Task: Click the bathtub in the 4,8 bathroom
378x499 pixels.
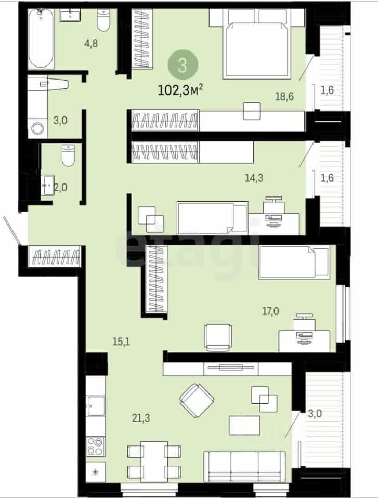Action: pyautogui.click(x=41, y=38)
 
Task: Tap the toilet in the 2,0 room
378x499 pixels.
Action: pyautogui.click(x=68, y=155)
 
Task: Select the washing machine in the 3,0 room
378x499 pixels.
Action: pyautogui.click(x=37, y=128)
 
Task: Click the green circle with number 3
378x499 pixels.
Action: pyautogui.click(x=183, y=65)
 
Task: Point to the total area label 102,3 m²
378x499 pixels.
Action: pyautogui.click(x=180, y=90)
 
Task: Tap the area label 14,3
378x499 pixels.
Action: pyautogui.click(x=254, y=178)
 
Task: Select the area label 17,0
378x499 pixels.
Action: pyautogui.click(x=270, y=311)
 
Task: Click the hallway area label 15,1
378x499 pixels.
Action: pyautogui.click(x=121, y=342)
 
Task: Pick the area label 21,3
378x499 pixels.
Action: pyautogui.click(x=141, y=418)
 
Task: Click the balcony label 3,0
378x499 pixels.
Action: pyautogui.click(x=315, y=414)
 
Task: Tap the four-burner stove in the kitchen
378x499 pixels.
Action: pyautogui.click(x=96, y=447)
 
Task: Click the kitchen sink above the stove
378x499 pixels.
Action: pyautogui.click(x=96, y=406)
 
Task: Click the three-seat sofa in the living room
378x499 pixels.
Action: pyautogui.click(x=244, y=467)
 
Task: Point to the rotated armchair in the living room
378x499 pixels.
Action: pyautogui.click(x=197, y=400)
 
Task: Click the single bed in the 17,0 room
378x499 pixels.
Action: pyautogui.click(x=294, y=262)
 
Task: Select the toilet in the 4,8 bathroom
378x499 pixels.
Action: pyautogui.click(x=103, y=20)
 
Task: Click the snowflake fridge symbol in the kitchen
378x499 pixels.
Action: pyautogui.click(x=96, y=472)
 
